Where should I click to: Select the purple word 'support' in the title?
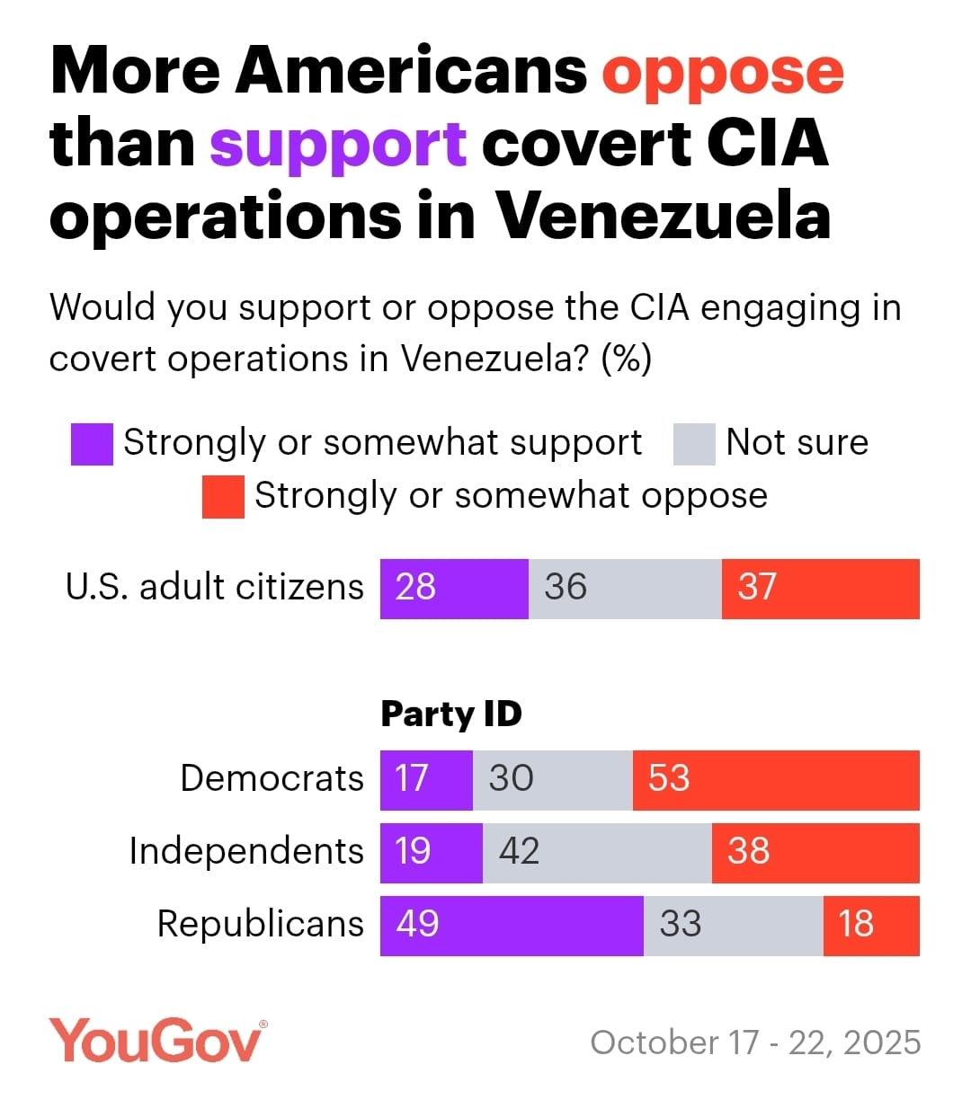(338, 145)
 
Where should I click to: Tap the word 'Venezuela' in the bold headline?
(663, 217)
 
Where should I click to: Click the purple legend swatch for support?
(92, 445)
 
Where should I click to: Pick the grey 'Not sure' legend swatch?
(694, 445)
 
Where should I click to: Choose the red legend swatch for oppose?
(223, 497)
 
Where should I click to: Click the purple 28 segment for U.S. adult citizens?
(454, 589)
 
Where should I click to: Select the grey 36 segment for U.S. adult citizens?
(625, 589)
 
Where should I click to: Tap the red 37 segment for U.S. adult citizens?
(820, 589)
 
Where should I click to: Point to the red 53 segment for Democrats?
(776, 780)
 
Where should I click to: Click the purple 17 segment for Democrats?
(426, 780)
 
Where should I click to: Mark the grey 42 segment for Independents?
(597, 853)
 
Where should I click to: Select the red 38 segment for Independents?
(815, 853)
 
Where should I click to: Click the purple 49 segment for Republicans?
(512, 926)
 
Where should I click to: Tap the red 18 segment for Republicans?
(871, 926)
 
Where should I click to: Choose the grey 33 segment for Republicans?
(733, 926)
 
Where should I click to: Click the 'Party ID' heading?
(451, 714)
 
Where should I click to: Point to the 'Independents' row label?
(246, 851)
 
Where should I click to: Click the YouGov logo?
(158, 1041)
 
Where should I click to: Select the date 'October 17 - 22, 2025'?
(755, 1043)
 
